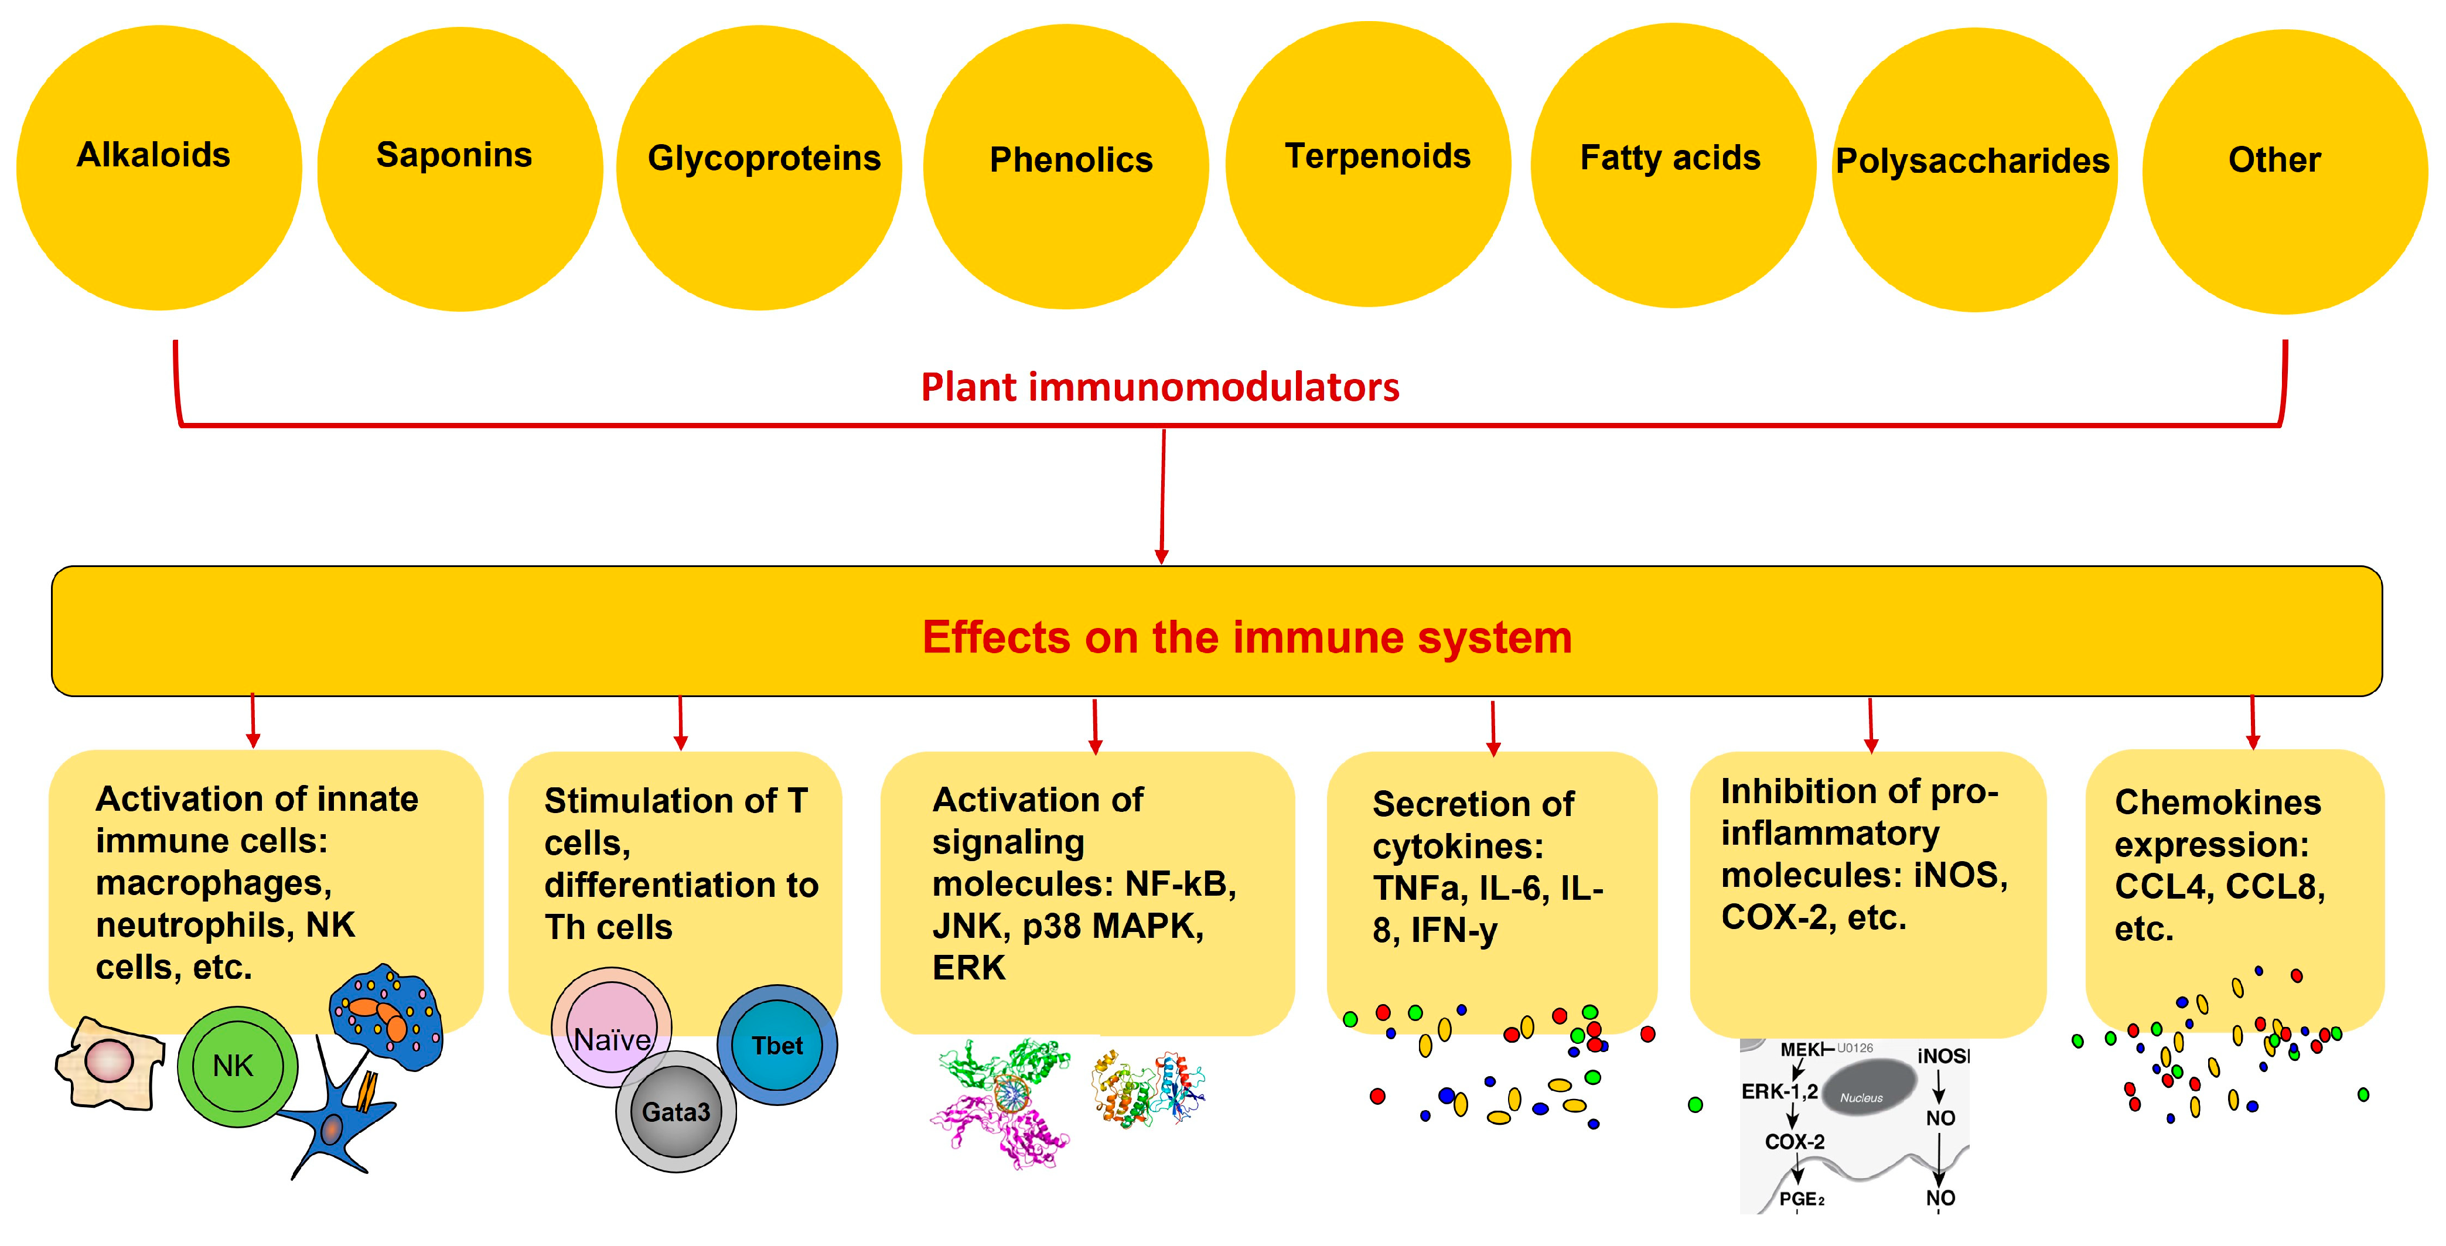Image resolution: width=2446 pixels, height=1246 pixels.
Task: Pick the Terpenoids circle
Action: point(1368,164)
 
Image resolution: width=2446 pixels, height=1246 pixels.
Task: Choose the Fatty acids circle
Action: point(1673,165)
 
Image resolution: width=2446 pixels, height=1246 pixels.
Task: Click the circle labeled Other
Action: point(2284,171)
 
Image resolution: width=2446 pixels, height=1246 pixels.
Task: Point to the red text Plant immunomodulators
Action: point(1161,387)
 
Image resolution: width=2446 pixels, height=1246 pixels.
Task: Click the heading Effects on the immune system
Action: point(1247,637)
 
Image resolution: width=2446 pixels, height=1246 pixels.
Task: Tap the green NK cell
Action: point(237,1067)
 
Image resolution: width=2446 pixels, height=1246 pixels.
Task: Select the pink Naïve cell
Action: point(612,1027)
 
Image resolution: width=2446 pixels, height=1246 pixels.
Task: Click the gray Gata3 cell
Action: point(676,1111)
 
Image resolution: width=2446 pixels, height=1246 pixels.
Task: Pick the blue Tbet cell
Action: point(777,1044)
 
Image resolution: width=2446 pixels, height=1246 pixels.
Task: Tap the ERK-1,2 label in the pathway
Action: point(1779,1092)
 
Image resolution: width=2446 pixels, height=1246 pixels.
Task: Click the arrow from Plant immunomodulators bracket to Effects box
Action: point(1162,496)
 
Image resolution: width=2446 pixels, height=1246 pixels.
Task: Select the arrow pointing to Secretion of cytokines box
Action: point(1493,728)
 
